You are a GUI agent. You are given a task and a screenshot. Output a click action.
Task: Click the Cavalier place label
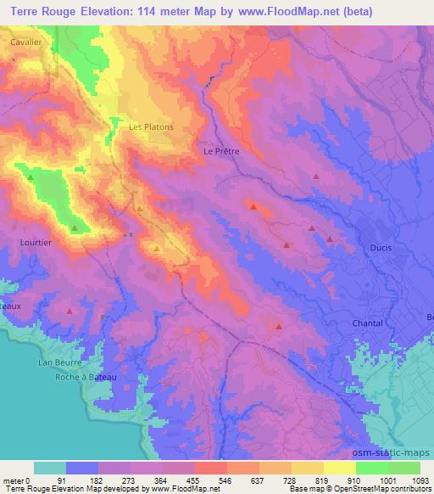(x=26, y=40)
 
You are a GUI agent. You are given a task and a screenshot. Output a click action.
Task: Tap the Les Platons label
(x=151, y=127)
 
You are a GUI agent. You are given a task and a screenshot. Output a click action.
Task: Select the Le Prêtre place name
(x=222, y=151)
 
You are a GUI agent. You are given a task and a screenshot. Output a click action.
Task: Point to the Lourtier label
(x=35, y=242)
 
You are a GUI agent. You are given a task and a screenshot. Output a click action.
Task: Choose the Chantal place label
(x=367, y=323)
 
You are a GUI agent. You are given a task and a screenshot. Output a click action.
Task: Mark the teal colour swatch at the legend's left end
(x=49, y=468)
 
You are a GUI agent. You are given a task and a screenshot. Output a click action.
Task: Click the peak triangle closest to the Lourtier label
(x=75, y=227)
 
